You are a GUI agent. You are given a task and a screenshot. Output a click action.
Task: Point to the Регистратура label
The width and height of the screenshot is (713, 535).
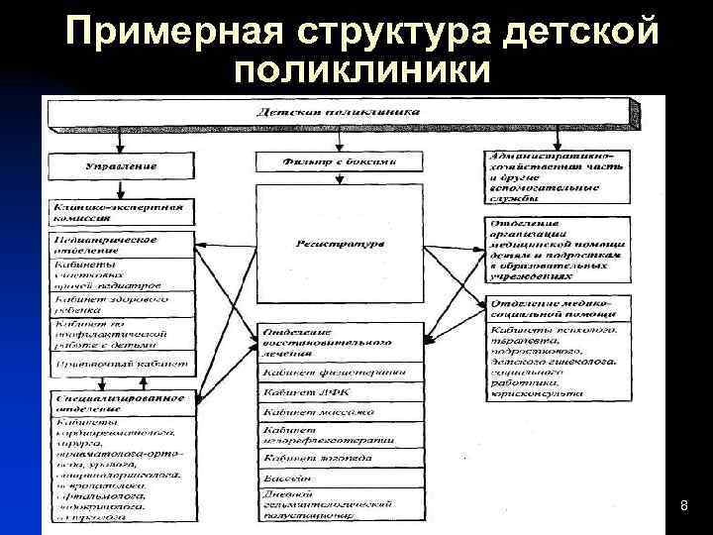(339, 244)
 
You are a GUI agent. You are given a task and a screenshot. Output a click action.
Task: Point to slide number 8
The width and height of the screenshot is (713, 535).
(683, 507)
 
